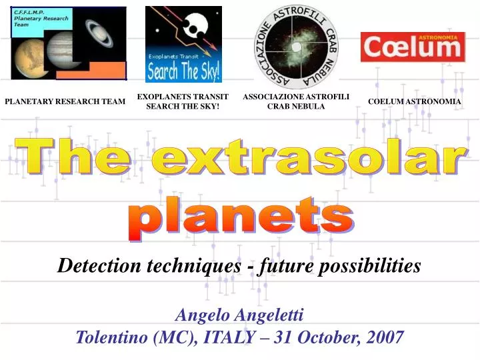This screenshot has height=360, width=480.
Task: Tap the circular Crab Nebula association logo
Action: pos(297,45)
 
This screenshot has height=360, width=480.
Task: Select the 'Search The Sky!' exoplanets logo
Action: pos(183,44)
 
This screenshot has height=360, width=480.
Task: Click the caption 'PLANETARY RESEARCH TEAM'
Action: pos(65,101)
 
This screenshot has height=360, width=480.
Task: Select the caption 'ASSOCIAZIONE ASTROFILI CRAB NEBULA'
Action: pos(296,101)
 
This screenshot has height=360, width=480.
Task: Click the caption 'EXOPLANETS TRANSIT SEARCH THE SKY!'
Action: pos(183,101)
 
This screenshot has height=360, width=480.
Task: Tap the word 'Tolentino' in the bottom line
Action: pos(112,337)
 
